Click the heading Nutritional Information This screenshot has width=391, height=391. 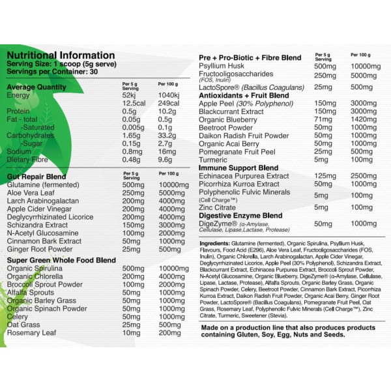click(x=60, y=55)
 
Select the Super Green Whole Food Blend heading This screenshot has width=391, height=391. click(x=58, y=261)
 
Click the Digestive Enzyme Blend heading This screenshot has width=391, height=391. click(x=240, y=215)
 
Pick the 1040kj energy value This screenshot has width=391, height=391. click(x=168, y=95)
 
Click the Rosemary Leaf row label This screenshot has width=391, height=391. click(x=32, y=332)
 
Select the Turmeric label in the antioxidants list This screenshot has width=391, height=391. click(x=214, y=160)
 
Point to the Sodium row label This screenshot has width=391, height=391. click(x=20, y=150)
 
